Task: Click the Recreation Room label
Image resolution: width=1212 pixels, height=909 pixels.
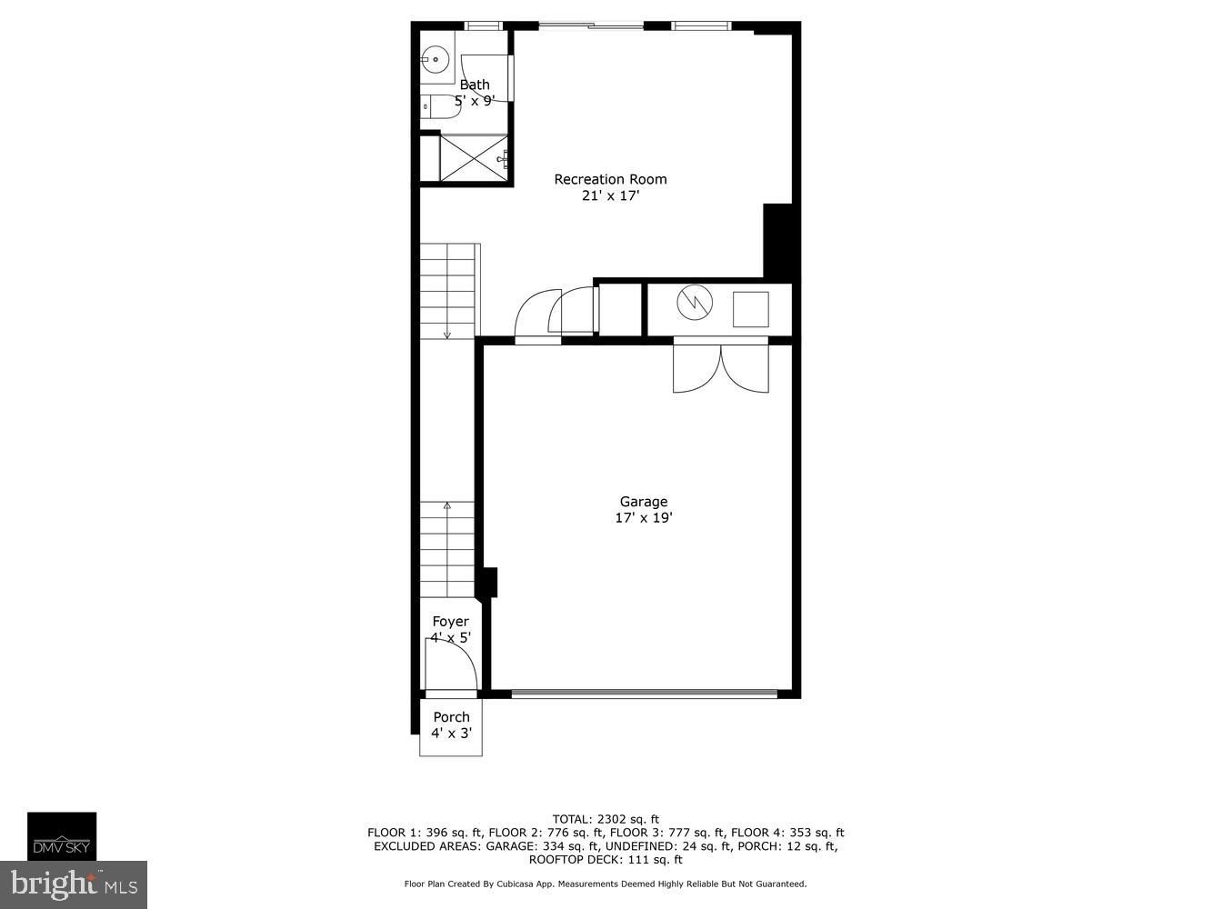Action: coord(610,179)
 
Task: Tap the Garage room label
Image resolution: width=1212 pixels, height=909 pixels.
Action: coord(644,502)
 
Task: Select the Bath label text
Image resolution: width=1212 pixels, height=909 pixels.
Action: coord(474,85)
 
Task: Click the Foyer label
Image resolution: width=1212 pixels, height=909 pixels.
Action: coord(451,622)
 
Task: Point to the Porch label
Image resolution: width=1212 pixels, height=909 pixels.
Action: coord(451,717)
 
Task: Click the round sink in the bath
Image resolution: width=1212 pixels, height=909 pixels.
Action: coord(435,61)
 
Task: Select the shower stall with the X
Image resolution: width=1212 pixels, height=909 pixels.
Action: coord(474,158)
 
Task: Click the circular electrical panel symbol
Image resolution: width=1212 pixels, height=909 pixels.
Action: coord(696,304)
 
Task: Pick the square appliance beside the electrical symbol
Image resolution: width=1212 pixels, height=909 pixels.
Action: coord(750,309)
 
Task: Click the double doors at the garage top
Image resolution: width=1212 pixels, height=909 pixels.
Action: coord(720,367)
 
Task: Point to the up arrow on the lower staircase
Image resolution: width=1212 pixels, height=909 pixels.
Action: coord(446,505)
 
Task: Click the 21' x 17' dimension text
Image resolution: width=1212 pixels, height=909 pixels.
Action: coord(610,195)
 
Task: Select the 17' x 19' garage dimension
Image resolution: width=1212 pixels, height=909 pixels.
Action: coord(644,518)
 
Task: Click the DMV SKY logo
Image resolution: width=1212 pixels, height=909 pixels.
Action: coord(62,836)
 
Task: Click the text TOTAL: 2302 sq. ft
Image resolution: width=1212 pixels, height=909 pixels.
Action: coord(606,818)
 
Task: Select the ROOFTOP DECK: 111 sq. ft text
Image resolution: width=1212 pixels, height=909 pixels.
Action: coord(606,859)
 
